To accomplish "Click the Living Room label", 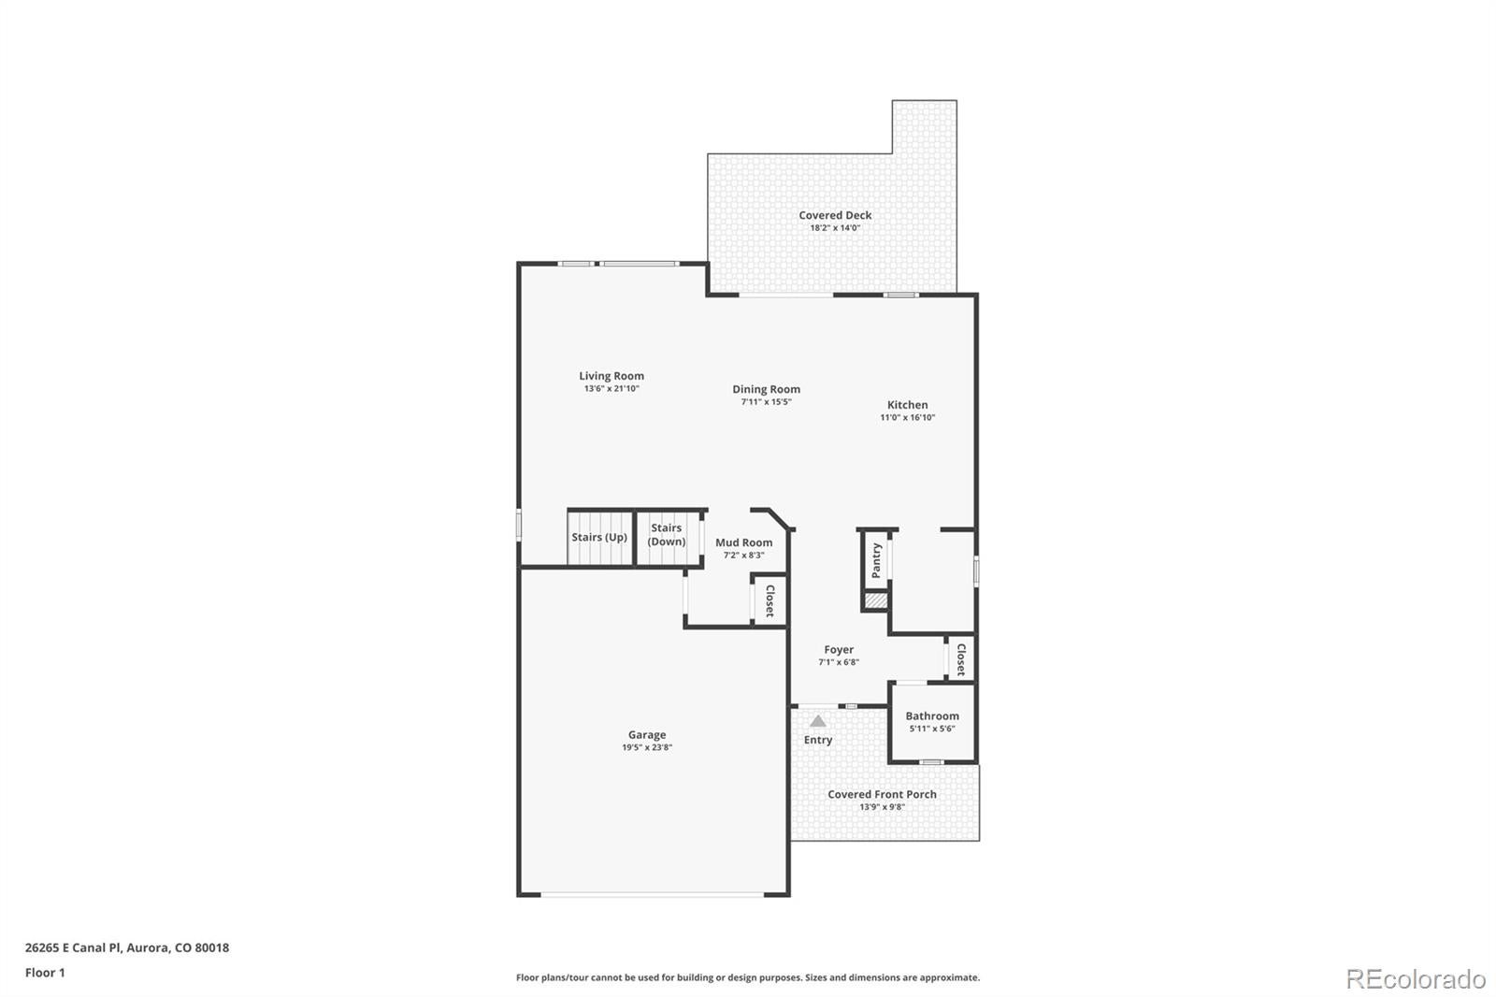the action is click(611, 376).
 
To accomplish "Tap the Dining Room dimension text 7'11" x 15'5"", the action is click(766, 402).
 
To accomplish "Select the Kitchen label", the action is click(907, 405).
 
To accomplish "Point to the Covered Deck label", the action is click(835, 215).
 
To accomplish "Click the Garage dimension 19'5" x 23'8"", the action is click(646, 748).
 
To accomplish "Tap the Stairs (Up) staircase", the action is click(599, 539).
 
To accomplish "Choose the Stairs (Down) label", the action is click(667, 535).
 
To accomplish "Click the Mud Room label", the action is click(744, 542).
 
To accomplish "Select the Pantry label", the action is click(877, 560).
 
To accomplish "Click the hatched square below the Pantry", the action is click(876, 600).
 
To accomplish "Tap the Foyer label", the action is click(839, 649).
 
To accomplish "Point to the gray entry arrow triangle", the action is click(817, 721).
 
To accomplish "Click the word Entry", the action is click(818, 740).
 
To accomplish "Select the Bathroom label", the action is click(932, 715).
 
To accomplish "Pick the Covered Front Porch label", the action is click(883, 795).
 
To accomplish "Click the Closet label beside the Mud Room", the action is click(770, 600).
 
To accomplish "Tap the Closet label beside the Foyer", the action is click(961, 659).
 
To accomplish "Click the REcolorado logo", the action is click(1416, 979).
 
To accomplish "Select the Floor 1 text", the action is click(45, 973).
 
